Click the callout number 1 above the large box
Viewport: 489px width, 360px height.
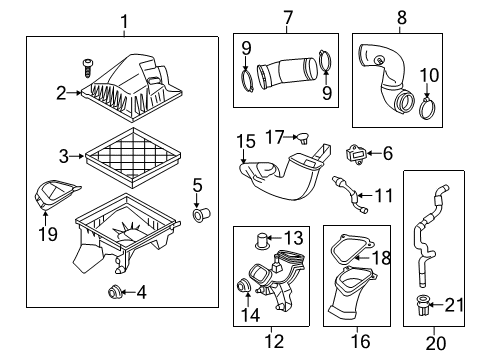[x=124, y=20]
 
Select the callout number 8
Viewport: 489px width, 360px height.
[x=402, y=17]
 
